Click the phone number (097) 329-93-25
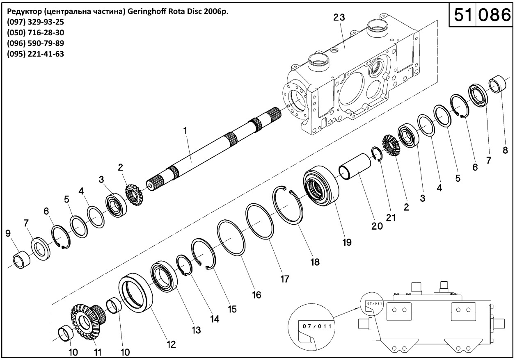36,22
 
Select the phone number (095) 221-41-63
36,54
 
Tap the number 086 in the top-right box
492,15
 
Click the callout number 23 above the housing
339,17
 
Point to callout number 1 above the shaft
185,130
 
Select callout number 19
347,242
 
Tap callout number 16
256,295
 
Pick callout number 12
171,344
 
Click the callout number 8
505,150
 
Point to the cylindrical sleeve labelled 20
355,168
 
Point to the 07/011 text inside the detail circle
316,326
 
